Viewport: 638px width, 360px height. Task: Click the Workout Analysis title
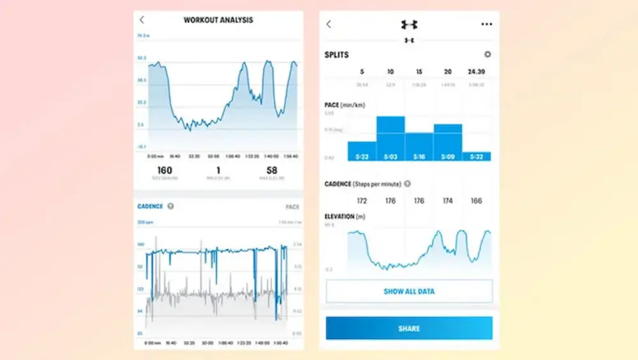[x=218, y=20]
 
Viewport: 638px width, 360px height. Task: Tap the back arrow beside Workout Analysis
[x=142, y=20]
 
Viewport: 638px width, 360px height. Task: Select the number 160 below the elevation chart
[x=165, y=170]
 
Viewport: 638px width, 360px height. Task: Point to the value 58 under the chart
[x=272, y=170]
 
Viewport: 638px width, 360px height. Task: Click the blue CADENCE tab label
[x=151, y=206]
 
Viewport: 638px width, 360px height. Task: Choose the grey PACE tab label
[x=292, y=207]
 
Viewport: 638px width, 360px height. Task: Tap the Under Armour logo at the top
[x=409, y=24]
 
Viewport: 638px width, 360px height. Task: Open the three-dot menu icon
[x=487, y=24]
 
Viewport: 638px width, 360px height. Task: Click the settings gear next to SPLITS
[x=488, y=55]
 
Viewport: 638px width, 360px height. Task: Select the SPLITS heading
[x=337, y=55]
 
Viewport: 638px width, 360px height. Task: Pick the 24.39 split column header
[x=477, y=71]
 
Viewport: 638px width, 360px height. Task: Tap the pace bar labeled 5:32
[x=477, y=156]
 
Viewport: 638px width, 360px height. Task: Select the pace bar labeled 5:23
[x=362, y=151]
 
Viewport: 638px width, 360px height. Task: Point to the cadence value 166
[x=477, y=200]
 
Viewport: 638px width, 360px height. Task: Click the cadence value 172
[x=362, y=200]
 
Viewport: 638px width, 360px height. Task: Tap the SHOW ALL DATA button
[x=409, y=291]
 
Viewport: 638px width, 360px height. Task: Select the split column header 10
[x=390, y=71]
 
